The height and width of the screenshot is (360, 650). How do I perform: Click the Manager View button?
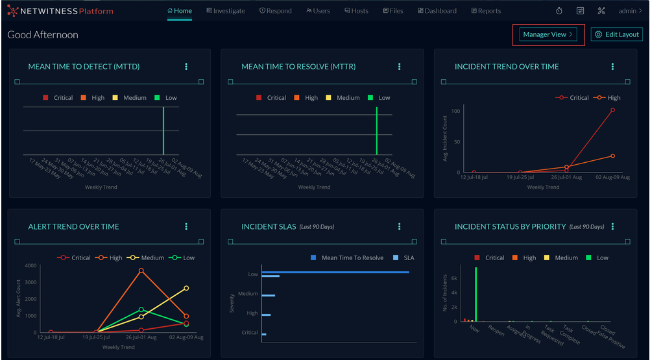[x=548, y=35]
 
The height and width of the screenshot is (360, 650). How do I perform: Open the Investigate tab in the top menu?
[x=226, y=11]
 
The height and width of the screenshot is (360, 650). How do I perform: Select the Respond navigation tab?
[x=276, y=11]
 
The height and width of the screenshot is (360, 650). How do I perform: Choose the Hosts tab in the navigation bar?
[x=356, y=11]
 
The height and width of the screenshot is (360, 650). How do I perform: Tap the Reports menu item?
[x=486, y=11]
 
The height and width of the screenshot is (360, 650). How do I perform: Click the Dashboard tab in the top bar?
[x=437, y=11]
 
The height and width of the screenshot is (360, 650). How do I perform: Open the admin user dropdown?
[x=630, y=11]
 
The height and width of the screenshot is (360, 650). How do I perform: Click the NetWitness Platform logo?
[x=60, y=11]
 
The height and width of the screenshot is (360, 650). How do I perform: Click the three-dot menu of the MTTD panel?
[x=186, y=67]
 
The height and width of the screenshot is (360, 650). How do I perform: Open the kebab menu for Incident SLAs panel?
[x=400, y=227]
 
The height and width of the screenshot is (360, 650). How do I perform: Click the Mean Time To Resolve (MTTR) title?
[x=298, y=67]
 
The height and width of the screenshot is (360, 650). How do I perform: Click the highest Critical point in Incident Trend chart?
[x=612, y=110]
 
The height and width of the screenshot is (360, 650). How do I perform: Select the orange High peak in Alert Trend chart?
[x=141, y=271]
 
